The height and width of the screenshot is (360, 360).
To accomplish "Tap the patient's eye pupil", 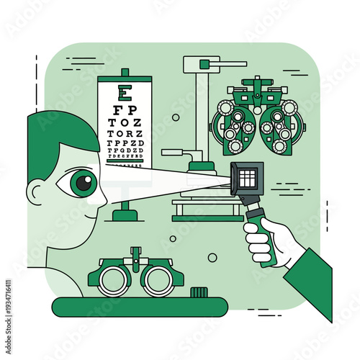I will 84,183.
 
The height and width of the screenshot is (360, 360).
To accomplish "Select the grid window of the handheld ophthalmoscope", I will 246,177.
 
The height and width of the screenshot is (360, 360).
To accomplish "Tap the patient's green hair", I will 58,137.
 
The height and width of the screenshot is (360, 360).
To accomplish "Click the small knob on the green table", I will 199,292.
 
